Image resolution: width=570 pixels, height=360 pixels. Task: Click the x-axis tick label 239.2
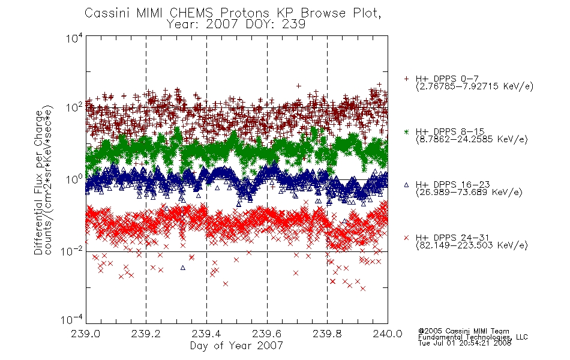(x=146, y=334)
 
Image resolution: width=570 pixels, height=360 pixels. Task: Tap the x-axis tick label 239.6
(x=267, y=334)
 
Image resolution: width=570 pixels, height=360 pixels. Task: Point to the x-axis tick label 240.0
(x=388, y=334)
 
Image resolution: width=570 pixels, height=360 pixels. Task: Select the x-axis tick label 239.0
(x=86, y=334)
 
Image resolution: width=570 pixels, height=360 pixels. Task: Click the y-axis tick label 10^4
(x=74, y=38)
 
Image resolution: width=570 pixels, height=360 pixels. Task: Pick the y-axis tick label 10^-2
(x=71, y=251)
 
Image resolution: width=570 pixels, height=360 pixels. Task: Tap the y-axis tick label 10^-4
(x=71, y=320)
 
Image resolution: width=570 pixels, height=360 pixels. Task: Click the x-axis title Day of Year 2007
(x=236, y=346)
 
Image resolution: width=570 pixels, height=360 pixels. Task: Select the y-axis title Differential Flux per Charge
(x=38, y=182)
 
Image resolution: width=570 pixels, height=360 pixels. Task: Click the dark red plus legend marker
(x=406, y=79)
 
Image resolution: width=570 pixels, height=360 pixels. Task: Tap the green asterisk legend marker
(x=406, y=131)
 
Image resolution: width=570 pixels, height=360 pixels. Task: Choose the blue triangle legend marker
(x=406, y=185)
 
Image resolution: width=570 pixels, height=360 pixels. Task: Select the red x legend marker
(x=406, y=238)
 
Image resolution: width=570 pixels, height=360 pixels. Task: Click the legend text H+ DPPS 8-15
(x=450, y=131)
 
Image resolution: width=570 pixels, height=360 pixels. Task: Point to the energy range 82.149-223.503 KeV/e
(x=472, y=245)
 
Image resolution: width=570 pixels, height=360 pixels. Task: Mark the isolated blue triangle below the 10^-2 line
(x=183, y=268)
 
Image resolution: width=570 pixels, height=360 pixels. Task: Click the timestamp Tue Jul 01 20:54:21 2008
(x=464, y=343)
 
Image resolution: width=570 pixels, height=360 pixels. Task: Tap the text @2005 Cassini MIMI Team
(x=463, y=331)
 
